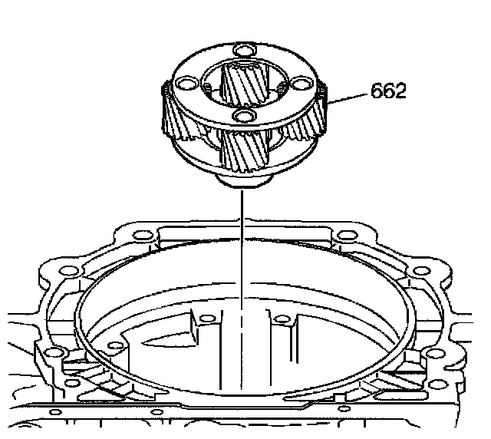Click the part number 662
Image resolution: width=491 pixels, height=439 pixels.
[388, 91]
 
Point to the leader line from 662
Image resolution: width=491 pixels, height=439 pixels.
[347, 98]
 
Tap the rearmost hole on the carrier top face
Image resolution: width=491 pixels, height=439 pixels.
[245, 50]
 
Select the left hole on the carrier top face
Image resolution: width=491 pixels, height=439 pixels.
[187, 84]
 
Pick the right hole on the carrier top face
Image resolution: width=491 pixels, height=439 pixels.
[302, 83]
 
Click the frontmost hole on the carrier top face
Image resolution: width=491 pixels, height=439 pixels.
[245, 116]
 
